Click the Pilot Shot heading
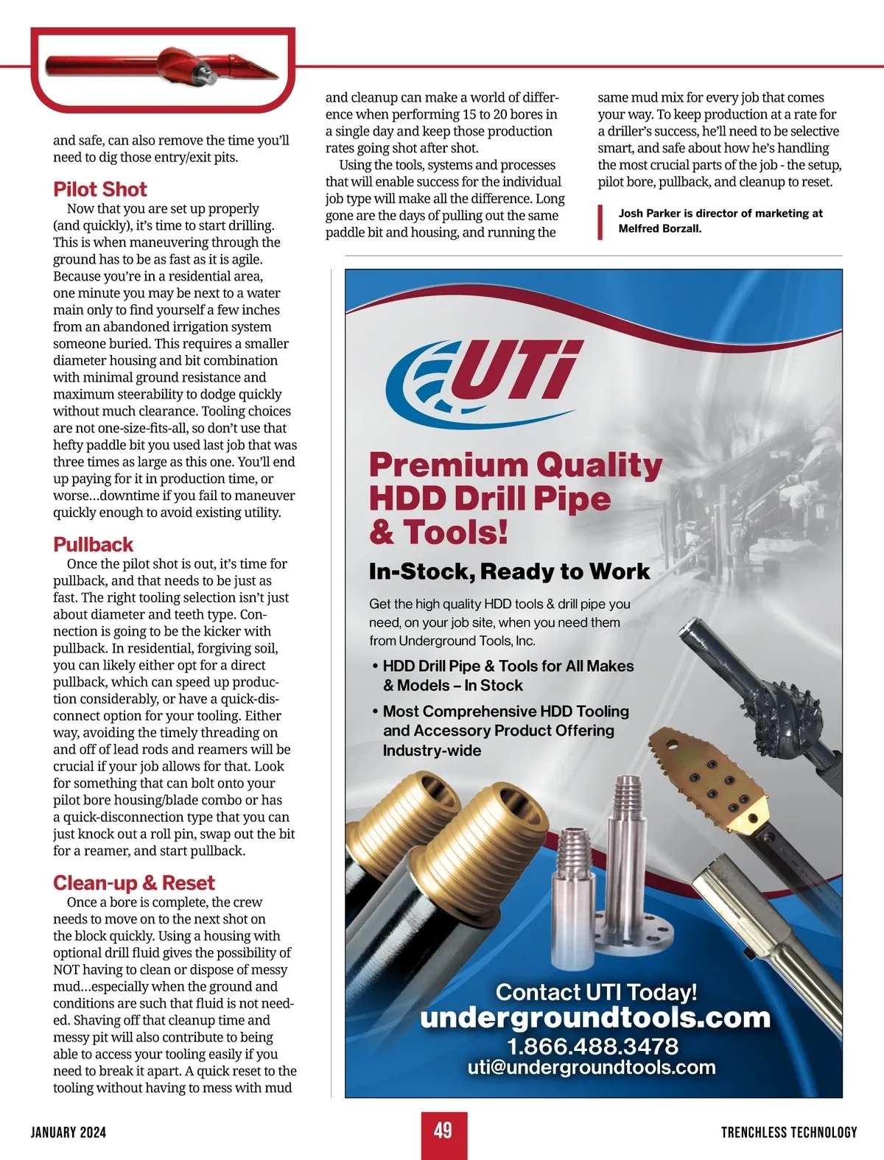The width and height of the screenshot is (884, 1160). tap(99, 189)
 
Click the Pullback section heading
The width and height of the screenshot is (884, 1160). tap(93, 544)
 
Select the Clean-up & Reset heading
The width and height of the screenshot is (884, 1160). tap(133, 882)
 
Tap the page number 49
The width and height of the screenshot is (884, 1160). tap(443, 1131)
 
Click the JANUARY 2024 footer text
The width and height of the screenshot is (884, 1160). tap(69, 1132)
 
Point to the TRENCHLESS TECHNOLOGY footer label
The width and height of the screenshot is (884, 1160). tap(789, 1132)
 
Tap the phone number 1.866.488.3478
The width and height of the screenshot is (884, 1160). tap(592, 1046)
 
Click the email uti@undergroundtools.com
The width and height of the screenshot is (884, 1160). tap(592, 1067)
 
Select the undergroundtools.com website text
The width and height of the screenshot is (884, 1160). tap(594, 1018)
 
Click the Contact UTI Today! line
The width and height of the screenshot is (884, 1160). tap(596, 991)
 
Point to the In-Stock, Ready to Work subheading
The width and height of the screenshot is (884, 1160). tap(509, 572)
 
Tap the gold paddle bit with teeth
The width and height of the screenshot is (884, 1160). tap(707, 781)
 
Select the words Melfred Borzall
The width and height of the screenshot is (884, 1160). tap(659, 228)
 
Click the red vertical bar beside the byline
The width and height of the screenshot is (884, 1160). tap(600, 222)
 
